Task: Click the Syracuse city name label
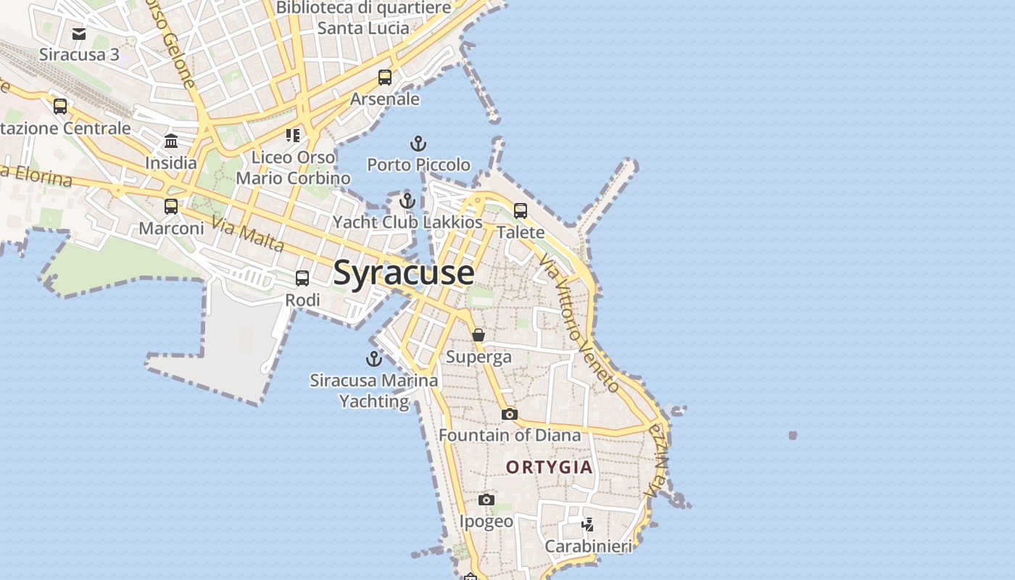404,273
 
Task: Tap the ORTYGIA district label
550,468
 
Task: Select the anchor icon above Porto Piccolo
418,144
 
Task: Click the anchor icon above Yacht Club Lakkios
407,201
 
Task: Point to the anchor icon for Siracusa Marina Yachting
374,359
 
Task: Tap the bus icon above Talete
521,211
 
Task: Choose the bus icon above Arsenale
385,78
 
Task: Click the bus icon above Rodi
302,278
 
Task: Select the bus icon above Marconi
171,207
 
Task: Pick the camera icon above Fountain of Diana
510,414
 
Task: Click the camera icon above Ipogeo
486,500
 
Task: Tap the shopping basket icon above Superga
478,335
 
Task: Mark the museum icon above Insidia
171,141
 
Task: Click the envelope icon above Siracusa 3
79,33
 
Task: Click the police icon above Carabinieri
588,524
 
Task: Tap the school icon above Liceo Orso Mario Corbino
293,136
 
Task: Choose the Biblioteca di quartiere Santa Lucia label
364,18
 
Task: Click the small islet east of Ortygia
792,436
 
